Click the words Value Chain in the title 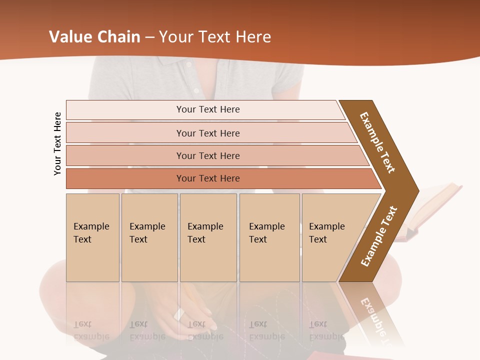tap(94, 37)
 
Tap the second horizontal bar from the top tap(208, 133)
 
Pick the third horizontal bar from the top tap(208, 155)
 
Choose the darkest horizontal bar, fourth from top tap(208, 178)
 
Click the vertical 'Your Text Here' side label tap(57, 143)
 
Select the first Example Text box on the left tap(92, 237)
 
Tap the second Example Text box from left tap(149, 237)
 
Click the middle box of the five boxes tap(207, 237)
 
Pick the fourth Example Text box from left tap(269, 237)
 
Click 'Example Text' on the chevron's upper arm tap(377, 142)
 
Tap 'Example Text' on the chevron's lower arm tap(378, 236)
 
